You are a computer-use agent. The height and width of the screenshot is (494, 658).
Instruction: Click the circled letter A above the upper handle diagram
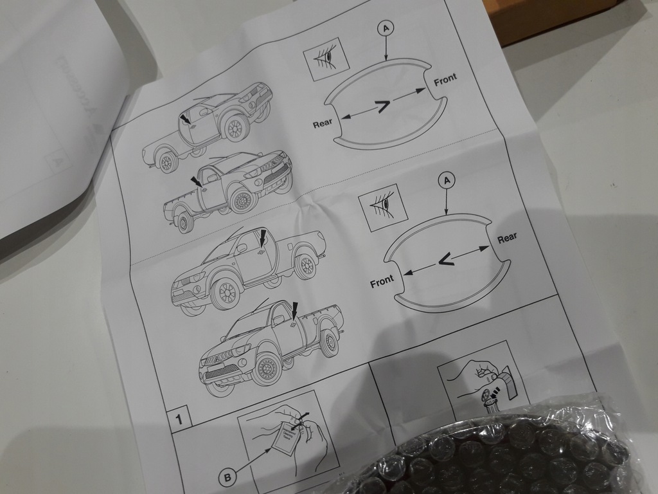point(386,28)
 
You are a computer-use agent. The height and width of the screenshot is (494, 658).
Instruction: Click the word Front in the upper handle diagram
point(445,80)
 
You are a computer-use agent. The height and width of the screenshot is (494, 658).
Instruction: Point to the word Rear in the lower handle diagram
point(507,237)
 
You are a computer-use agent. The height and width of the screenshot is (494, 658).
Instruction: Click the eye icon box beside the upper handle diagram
point(326,57)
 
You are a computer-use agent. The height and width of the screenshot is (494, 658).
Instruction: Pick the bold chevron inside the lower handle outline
point(445,259)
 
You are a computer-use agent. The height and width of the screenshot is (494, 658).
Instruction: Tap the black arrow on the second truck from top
point(195,181)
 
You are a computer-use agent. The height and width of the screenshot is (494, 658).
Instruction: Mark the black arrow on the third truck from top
point(262,237)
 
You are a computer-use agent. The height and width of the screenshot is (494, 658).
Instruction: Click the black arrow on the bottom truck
point(294,311)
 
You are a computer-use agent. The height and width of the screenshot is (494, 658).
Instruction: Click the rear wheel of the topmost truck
point(167,162)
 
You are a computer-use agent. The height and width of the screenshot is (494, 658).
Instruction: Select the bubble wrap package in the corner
point(508,453)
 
